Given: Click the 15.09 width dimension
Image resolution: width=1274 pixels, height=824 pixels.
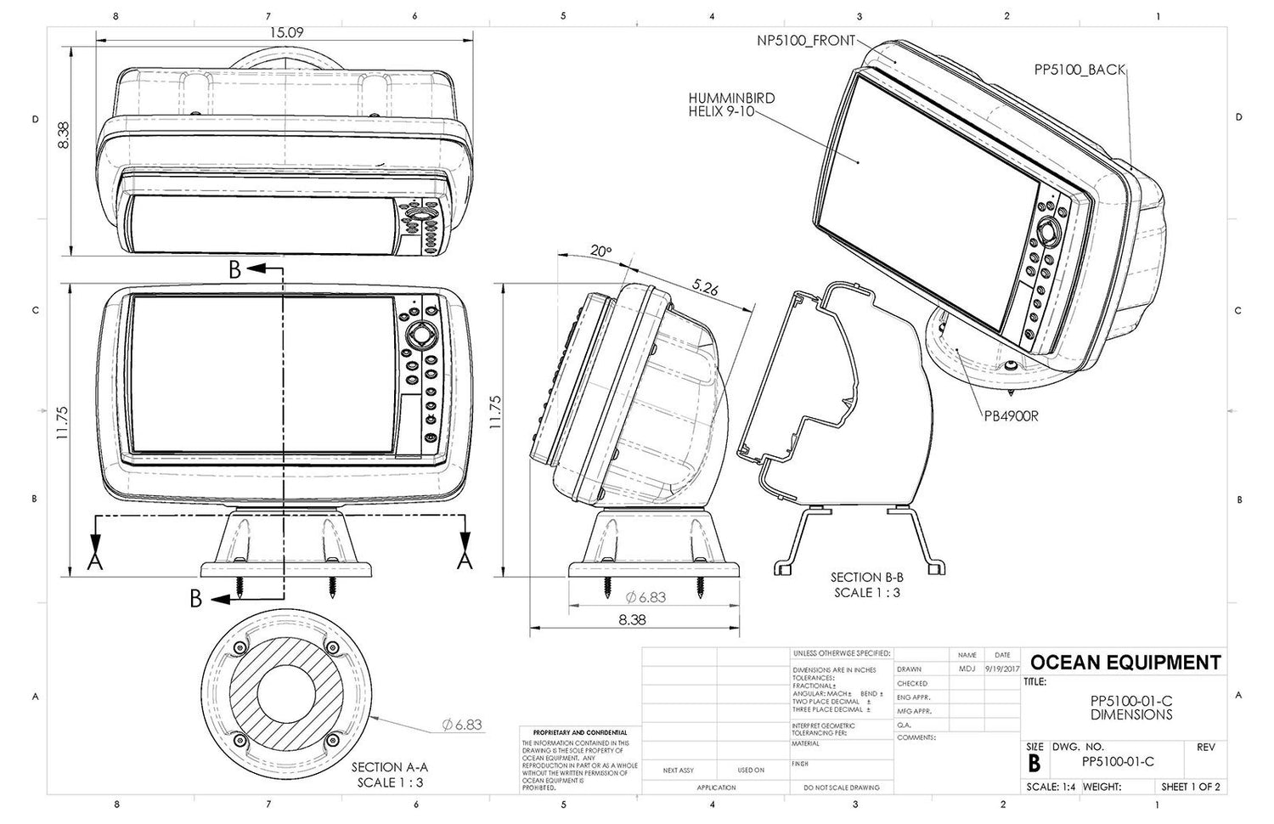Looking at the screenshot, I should (x=286, y=33).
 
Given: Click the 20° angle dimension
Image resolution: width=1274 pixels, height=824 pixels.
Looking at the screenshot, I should (x=600, y=251).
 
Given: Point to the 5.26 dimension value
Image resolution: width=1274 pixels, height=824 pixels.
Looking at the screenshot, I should (x=705, y=290).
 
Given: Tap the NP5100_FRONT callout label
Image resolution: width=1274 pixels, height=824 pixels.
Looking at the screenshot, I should (x=806, y=40).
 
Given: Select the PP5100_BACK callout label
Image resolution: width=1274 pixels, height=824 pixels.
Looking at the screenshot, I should (x=1080, y=70).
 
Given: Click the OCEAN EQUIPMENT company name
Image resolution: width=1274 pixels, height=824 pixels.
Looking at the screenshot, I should (x=1125, y=663).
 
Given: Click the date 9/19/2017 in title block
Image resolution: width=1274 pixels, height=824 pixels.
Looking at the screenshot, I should (x=1002, y=669).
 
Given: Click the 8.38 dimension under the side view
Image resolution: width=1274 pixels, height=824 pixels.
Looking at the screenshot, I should (x=632, y=620).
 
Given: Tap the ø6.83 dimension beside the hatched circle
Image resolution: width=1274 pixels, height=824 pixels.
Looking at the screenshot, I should (x=462, y=725).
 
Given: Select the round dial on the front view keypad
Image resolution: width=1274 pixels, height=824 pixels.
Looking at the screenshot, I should (x=420, y=336).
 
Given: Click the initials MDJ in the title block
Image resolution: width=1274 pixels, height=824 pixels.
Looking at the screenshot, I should (x=967, y=669).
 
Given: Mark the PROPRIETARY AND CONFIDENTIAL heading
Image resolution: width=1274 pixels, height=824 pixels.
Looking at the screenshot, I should (x=579, y=732).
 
